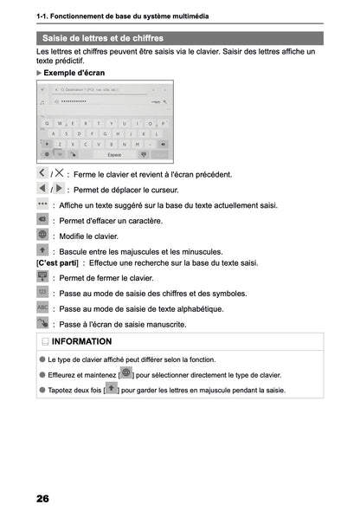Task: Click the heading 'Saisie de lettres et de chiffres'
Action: click(x=103, y=38)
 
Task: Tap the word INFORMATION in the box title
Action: click(x=83, y=341)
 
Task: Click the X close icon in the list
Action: click(x=59, y=173)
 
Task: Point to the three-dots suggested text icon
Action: click(x=43, y=204)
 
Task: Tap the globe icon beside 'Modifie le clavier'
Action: click(x=43, y=235)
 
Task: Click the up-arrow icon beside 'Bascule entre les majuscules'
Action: click(x=43, y=249)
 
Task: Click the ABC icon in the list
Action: click(x=43, y=307)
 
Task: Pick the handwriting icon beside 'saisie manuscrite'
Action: click(x=43, y=323)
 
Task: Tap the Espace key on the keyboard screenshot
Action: click(x=113, y=154)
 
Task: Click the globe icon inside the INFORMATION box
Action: click(x=126, y=374)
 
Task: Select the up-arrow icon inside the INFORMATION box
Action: click(x=111, y=390)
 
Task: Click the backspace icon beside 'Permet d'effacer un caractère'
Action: click(x=43, y=220)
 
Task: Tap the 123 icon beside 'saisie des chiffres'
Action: click(x=43, y=293)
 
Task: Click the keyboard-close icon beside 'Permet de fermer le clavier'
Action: click(x=43, y=277)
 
